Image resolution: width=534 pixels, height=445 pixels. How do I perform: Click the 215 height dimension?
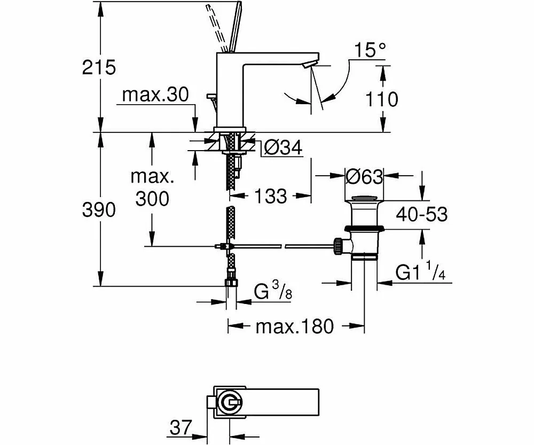pyautogui.click(x=99, y=67)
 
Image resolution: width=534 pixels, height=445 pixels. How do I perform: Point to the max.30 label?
pyautogui.click(x=155, y=95)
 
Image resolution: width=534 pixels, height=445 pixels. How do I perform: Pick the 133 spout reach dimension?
pyautogui.click(x=270, y=196)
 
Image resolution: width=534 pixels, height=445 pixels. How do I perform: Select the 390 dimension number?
pyautogui.click(x=99, y=210)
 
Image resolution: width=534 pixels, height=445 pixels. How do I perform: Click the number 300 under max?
pyautogui.click(x=152, y=199)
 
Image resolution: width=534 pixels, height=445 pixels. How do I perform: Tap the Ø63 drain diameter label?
pyautogui.click(x=365, y=176)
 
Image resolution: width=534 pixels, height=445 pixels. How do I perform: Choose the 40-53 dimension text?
pyautogui.click(x=421, y=214)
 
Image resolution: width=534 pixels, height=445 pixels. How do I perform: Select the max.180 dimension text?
pyautogui.click(x=294, y=325)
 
